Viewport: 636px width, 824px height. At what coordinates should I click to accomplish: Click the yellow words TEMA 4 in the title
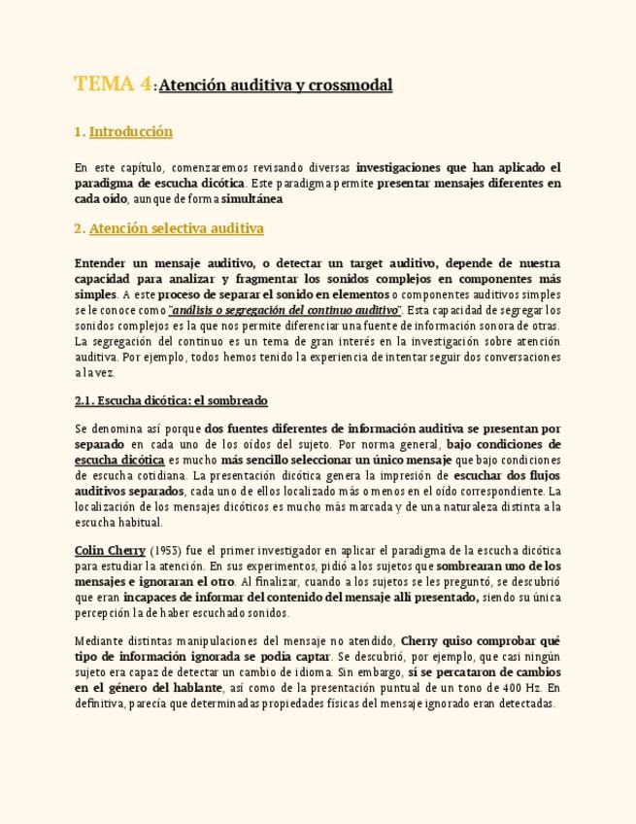(x=113, y=85)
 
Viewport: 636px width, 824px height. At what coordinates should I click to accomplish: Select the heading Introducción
(x=130, y=131)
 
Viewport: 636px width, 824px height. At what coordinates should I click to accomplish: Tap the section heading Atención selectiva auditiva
(x=176, y=229)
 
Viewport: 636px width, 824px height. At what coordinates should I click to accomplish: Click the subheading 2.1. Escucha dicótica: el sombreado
(x=171, y=400)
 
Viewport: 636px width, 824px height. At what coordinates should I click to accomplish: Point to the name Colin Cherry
(x=110, y=550)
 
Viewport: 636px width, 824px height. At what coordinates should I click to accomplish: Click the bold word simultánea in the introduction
(x=251, y=198)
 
